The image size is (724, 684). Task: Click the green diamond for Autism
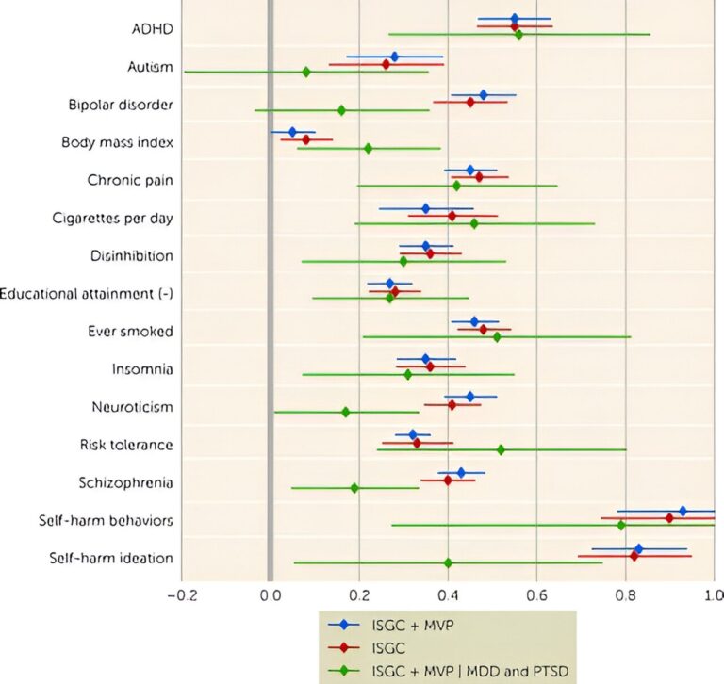(306, 72)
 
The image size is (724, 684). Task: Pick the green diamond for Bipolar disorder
(341, 110)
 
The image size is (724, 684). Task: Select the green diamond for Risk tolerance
(501, 449)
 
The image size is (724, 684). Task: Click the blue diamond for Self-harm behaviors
(683, 511)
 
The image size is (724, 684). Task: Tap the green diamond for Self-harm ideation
(448, 562)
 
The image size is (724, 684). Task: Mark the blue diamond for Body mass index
(292, 132)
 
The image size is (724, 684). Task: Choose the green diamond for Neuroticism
(345, 412)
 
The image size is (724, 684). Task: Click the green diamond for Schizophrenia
(354, 488)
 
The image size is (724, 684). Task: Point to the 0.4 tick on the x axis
(448, 594)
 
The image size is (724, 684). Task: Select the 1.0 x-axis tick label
(714, 594)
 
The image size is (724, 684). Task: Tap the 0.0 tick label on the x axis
(271, 594)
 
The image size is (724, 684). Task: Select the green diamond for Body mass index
(368, 148)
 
